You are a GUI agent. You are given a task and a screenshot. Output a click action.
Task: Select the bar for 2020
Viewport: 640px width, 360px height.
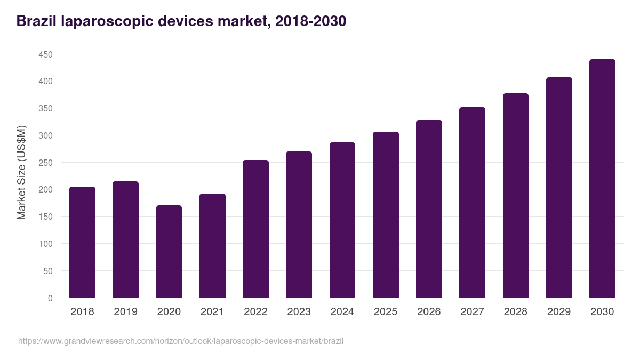(169, 252)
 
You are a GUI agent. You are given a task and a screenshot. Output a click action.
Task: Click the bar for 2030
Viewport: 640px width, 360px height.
(602, 179)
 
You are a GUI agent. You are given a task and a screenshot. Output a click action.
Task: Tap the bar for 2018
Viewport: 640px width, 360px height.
(82, 242)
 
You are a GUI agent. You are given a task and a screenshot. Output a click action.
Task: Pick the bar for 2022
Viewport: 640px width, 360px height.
(255, 229)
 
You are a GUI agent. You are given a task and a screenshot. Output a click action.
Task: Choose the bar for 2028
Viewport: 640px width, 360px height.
(516, 196)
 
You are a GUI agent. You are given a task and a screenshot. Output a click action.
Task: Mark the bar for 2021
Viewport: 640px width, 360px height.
(212, 246)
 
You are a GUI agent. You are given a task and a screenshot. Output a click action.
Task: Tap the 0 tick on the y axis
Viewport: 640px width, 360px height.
(51, 298)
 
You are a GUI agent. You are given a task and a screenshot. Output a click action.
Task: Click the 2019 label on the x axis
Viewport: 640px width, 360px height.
(125, 311)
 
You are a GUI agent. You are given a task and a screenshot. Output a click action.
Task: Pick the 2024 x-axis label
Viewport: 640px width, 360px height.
(342, 311)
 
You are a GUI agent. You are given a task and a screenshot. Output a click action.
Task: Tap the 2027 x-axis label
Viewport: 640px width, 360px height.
(472, 311)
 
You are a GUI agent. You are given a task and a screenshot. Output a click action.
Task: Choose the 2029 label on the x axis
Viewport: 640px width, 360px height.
(559, 311)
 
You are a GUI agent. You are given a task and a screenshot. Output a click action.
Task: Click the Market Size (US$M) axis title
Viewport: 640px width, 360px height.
(21, 172)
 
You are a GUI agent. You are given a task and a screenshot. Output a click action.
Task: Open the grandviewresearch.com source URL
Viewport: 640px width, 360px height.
(181, 341)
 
